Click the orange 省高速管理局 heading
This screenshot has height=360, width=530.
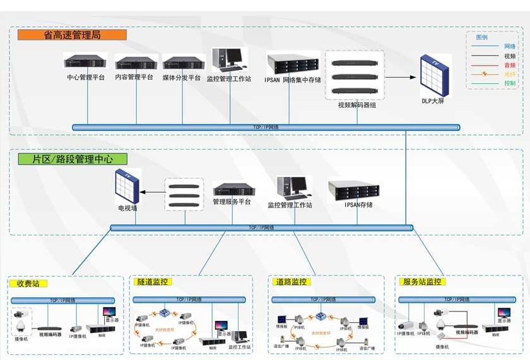point(72,35)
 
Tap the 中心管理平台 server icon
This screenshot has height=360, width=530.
point(85,62)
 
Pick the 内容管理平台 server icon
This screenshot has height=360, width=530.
point(136,62)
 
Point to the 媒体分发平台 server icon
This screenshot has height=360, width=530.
point(184,62)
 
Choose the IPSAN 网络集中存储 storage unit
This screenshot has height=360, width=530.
point(292,63)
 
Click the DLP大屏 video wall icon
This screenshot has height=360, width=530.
point(435,75)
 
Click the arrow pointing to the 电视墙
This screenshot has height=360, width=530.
point(152,192)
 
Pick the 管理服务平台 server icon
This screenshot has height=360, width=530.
point(233,189)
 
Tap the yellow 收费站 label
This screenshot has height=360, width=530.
point(28,284)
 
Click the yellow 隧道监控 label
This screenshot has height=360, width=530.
point(153,282)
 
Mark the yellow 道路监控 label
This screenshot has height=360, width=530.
point(291,282)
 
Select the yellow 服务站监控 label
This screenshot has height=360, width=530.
point(422,282)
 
